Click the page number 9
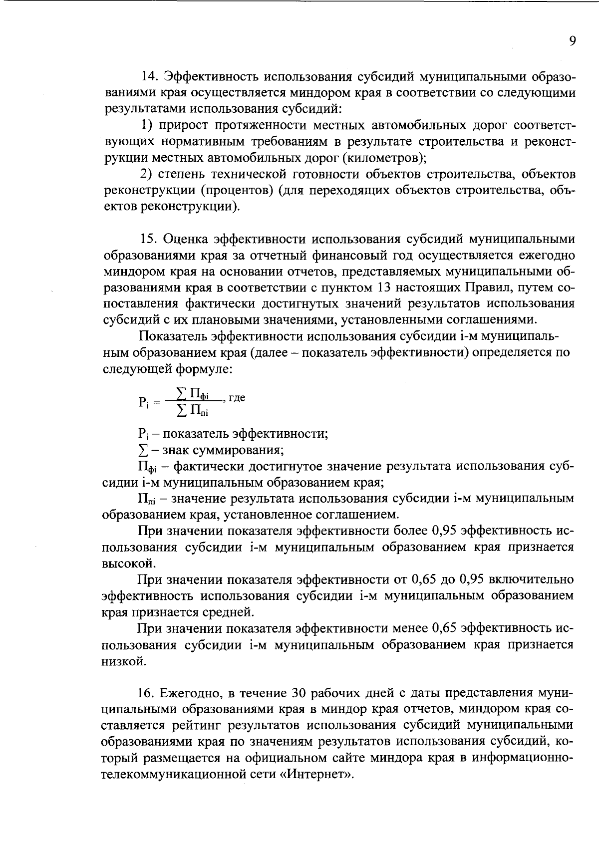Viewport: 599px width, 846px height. pyautogui.click(x=572, y=41)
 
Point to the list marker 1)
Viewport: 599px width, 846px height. pyautogui.click(x=145, y=125)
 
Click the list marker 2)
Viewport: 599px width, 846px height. pyautogui.click(x=145, y=174)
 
